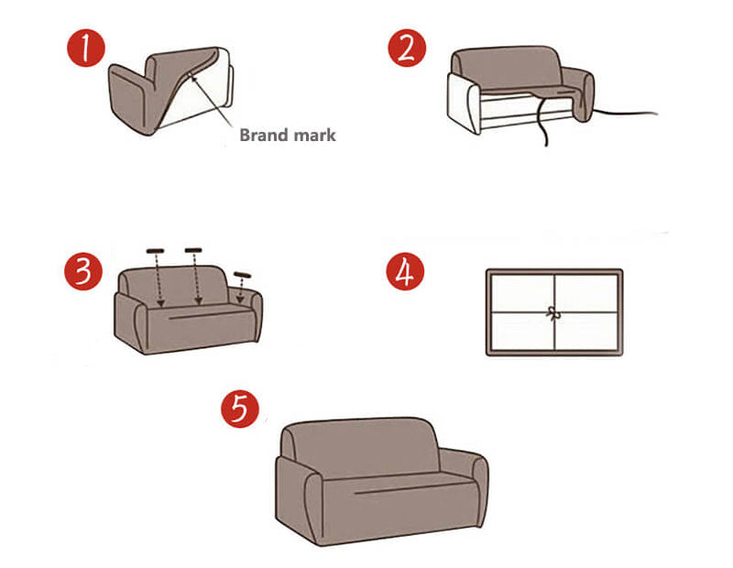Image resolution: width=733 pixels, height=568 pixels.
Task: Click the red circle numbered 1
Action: [86, 49]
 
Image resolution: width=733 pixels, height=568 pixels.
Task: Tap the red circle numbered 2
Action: [407, 49]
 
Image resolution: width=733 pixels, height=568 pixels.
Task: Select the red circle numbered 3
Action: [83, 271]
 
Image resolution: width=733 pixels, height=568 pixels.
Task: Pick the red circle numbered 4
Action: [405, 271]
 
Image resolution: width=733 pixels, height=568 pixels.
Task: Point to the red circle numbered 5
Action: [240, 409]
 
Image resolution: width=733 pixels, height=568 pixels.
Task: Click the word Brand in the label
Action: [263, 135]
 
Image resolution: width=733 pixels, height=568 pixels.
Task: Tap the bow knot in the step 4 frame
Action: [553, 313]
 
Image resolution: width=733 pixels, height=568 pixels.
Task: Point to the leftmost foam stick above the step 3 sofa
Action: [155, 251]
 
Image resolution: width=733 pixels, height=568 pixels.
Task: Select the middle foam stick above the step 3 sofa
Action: [193, 250]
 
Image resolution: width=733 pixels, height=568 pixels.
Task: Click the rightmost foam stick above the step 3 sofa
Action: [243, 275]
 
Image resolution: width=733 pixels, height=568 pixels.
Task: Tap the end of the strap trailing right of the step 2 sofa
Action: [657, 114]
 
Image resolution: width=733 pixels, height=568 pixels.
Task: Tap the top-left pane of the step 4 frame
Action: [522, 293]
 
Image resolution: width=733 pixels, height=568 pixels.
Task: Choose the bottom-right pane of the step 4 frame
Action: [586, 331]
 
